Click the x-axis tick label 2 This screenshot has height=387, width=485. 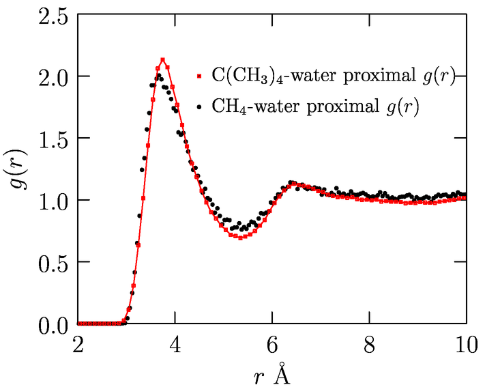(x=78, y=344)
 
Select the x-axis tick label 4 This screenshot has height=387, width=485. (x=175, y=344)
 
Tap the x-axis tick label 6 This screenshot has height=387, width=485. (x=272, y=344)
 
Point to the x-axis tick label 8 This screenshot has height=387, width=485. (x=369, y=344)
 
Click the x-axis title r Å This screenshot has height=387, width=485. (x=272, y=373)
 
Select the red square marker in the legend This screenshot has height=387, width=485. (x=198, y=75)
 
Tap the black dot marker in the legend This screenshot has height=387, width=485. (x=198, y=107)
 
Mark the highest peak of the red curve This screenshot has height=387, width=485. (x=162, y=60)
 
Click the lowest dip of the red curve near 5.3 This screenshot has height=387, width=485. (x=240, y=238)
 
